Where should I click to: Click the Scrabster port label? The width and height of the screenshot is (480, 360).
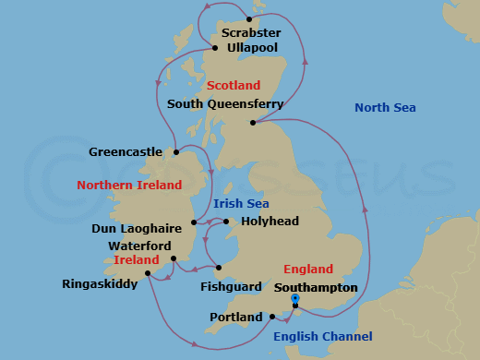tap(249, 31)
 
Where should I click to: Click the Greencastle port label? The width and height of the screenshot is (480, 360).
tap(126, 151)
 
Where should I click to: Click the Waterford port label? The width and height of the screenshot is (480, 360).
tap(139, 246)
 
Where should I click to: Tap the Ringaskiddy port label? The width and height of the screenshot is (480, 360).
tap(99, 284)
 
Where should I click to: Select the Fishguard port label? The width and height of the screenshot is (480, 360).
tap(227, 287)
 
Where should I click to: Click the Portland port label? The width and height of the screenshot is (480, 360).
tap(235, 318)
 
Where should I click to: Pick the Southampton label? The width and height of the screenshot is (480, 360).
tap(316, 287)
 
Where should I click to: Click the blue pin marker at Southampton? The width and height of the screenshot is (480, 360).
tap(294, 299)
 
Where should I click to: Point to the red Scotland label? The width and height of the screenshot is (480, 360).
tap(234, 86)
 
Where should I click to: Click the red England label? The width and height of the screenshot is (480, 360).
tap(308, 270)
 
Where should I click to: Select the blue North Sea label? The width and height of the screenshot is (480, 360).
tap(386, 108)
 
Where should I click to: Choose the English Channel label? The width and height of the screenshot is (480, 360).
tap(323, 337)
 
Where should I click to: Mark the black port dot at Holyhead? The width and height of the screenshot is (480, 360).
tap(227, 222)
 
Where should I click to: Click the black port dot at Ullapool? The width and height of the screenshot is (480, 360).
tap(215, 48)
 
